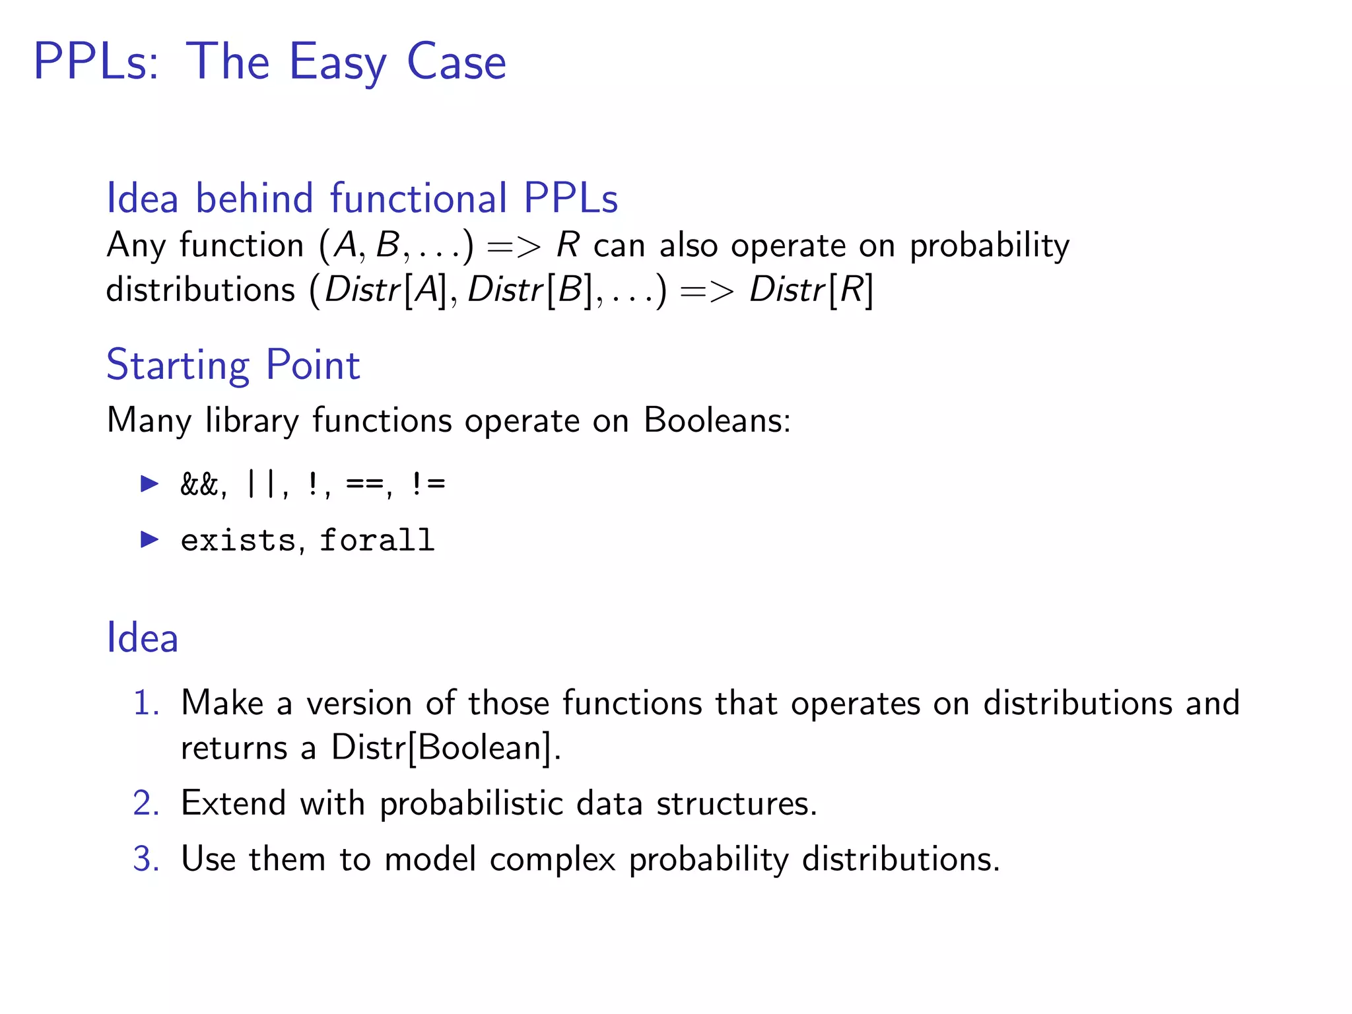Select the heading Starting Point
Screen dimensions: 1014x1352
coord(233,365)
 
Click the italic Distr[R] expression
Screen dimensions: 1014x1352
coord(811,290)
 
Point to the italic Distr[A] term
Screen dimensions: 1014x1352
coord(387,290)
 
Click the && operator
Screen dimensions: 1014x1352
coord(199,485)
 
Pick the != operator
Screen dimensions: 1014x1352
coord(428,485)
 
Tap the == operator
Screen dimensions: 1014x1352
coord(364,485)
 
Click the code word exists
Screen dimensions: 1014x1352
coord(238,541)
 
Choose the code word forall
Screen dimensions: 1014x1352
coord(377,541)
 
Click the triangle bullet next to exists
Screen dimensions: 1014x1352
coord(150,540)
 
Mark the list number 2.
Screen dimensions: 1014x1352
coord(145,804)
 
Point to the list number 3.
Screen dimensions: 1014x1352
coord(145,860)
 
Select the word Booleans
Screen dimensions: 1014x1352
coord(716,421)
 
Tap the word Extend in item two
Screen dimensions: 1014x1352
coord(233,804)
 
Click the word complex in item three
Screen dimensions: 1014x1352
coord(552,860)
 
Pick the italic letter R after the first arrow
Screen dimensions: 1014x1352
coord(567,245)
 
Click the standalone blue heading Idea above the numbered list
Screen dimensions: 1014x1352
coord(143,638)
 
